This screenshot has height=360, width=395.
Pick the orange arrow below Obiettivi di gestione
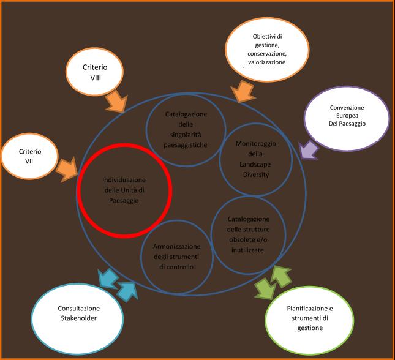(x=242, y=91)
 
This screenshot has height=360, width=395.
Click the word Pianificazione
(x=309, y=308)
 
